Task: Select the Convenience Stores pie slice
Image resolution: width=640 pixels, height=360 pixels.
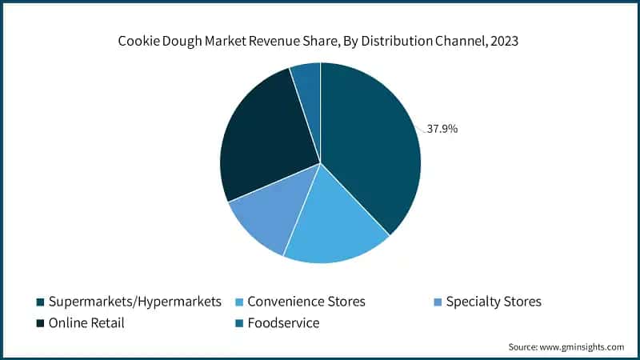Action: click(x=332, y=220)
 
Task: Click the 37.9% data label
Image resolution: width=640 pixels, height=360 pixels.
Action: click(x=442, y=128)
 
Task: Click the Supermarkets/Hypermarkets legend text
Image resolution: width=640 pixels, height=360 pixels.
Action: click(x=134, y=302)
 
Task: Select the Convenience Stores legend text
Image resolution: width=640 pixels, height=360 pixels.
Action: click(x=306, y=302)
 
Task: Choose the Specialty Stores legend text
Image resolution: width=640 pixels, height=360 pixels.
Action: click(x=494, y=302)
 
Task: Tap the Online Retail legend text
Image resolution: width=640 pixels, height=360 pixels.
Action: click(x=86, y=323)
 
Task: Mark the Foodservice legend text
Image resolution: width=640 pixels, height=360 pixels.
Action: click(x=283, y=323)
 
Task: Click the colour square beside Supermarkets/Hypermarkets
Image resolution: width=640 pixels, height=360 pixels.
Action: click(x=40, y=302)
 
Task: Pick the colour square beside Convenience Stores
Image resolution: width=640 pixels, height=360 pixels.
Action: click(x=239, y=302)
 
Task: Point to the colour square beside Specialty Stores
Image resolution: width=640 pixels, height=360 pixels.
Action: click(x=437, y=302)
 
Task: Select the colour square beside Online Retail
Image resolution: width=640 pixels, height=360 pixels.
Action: click(x=40, y=324)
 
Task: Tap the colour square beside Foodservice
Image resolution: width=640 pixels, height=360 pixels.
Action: click(x=239, y=324)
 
